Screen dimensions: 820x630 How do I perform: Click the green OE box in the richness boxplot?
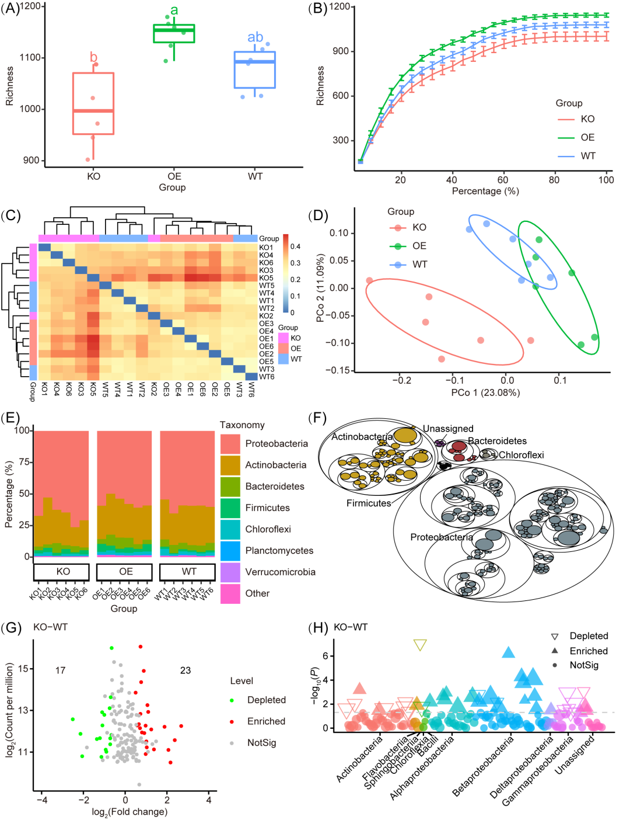[174, 34]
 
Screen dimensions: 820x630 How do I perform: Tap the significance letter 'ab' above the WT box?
[255, 37]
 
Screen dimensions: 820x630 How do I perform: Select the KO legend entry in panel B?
[587, 119]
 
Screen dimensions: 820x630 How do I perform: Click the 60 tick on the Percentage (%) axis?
[503, 180]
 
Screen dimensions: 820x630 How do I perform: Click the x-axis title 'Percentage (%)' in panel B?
[485, 191]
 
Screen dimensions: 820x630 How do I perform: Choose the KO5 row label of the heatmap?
[266, 278]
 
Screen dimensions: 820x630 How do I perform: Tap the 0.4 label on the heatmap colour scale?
[296, 246]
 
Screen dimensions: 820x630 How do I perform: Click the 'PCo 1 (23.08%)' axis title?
[485, 392]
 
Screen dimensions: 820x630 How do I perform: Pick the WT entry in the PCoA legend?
[419, 265]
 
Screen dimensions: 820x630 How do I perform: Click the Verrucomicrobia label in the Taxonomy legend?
[280, 572]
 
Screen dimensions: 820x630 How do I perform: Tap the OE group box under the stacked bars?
[126, 572]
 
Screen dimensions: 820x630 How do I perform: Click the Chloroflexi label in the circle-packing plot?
[521, 455]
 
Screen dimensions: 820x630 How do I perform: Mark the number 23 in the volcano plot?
[185, 670]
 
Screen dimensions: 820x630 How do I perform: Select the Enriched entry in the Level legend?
[266, 721]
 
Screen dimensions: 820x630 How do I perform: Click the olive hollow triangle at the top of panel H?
[420, 645]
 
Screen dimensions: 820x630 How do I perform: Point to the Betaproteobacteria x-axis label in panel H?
[484, 765]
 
